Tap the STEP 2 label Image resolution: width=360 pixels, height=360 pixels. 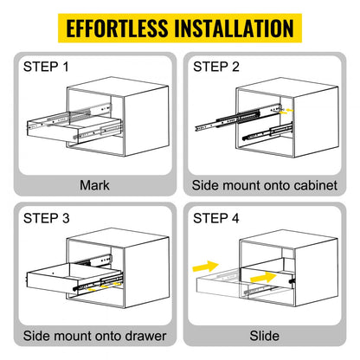click(x=217, y=66)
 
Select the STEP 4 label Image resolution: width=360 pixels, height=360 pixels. click(x=217, y=218)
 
